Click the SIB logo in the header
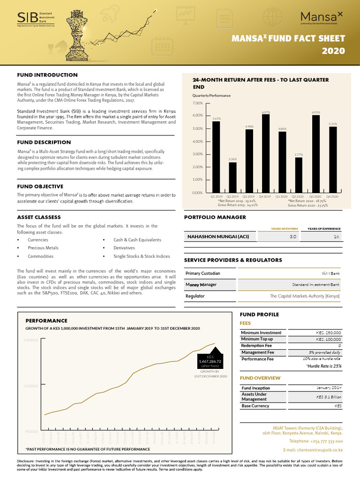point(35,18)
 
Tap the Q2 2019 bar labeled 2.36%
point(232,177)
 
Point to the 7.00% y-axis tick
point(197,103)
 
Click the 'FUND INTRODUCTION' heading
point(47,75)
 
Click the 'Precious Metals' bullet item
point(43,248)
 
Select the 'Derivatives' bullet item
point(124,248)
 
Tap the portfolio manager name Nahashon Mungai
point(218,237)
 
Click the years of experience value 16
point(336,237)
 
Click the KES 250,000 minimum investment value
point(329,332)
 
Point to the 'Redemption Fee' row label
point(256,345)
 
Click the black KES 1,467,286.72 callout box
point(210,361)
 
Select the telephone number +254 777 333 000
point(316,441)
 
